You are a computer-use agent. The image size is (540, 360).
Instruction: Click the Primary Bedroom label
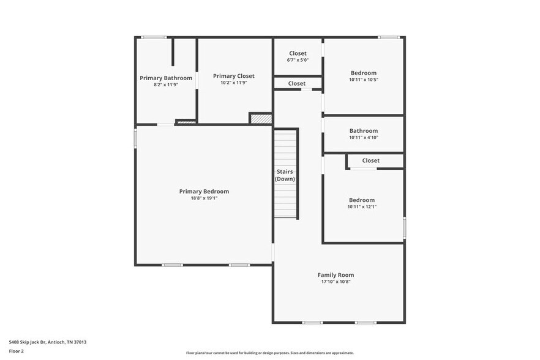pyautogui.click(x=204, y=192)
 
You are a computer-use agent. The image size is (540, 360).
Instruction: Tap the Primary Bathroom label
pyautogui.click(x=166, y=78)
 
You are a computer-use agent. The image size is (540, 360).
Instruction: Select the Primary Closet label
pyautogui.click(x=233, y=76)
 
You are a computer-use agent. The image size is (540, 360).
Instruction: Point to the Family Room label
pyautogui.click(x=336, y=275)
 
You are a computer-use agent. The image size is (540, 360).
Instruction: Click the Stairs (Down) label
pyautogui.click(x=285, y=175)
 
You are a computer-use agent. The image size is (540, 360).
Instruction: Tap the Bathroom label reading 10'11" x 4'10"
pyautogui.click(x=364, y=130)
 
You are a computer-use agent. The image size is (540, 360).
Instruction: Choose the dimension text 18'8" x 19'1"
pyautogui.click(x=204, y=198)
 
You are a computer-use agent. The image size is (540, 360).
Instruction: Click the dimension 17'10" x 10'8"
pyautogui.click(x=336, y=282)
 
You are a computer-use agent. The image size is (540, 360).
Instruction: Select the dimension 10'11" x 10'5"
pyautogui.click(x=364, y=80)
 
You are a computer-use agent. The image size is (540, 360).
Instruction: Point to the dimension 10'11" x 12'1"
pyautogui.click(x=362, y=207)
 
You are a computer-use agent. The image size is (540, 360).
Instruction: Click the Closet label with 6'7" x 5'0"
pyautogui.click(x=298, y=53)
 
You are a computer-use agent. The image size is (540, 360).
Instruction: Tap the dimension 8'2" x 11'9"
pyautogui.click(x=166, y=84)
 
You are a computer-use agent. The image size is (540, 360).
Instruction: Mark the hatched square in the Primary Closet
pyautogui.click(x=260, y=118)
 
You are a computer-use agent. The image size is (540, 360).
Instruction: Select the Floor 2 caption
pyautogui.click(x=17, y=351)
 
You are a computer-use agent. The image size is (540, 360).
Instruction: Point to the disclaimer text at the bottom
pyautogui.click(x=270, y=353)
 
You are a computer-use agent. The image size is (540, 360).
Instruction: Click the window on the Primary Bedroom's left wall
pyautogui.click(x=135, y=138)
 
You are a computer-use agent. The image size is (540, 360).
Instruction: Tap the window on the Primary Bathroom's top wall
pyautogui.click(x=154, y=38)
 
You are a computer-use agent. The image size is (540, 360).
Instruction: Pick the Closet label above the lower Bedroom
pyautogui.click(x=370, y=160)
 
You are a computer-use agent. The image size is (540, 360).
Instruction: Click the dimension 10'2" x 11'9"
pyautogui.click(x=233, y=83)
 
